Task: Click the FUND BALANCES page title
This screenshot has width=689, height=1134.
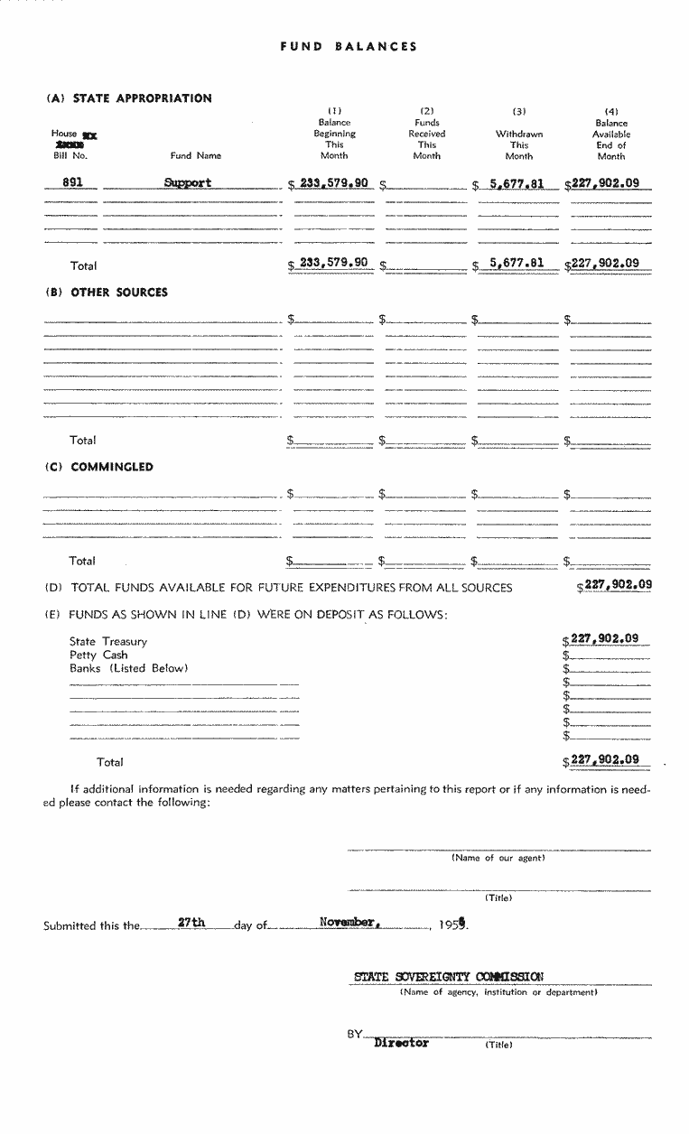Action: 349,47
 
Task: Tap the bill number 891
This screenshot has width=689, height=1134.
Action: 73,181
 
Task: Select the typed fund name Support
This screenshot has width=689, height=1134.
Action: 188,182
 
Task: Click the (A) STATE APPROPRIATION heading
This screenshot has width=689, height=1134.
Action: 129,98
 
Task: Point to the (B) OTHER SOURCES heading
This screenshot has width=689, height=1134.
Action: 107,293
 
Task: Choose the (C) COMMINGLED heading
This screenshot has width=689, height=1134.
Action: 99,467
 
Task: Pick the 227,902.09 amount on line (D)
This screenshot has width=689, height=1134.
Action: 619,584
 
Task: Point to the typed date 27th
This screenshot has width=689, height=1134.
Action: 191,923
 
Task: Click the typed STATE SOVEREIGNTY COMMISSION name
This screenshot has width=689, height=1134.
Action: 449,976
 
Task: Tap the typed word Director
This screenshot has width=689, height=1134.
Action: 401,1043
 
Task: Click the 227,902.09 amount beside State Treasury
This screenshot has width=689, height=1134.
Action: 605,638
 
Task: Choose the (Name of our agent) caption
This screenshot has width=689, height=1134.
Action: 498,858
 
